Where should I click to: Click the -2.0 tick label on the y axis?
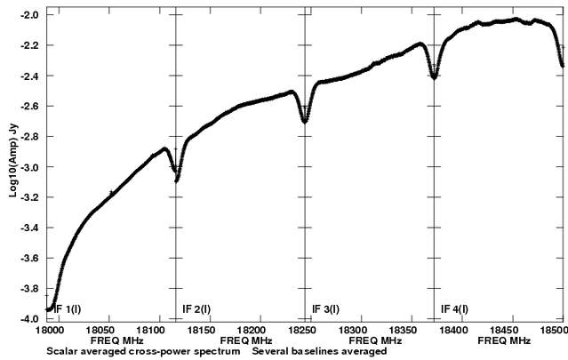[30, 16]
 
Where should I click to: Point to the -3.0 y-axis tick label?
[30, 167]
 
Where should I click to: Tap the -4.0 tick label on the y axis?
[30, 318]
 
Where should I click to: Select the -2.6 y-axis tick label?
[30, 107]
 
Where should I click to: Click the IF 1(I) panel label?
[69, 309]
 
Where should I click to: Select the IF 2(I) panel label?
[196, 309]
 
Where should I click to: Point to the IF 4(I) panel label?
[455, 309]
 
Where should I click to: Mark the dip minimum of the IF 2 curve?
[178, 180]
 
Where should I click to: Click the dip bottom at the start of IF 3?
[305, 121]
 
